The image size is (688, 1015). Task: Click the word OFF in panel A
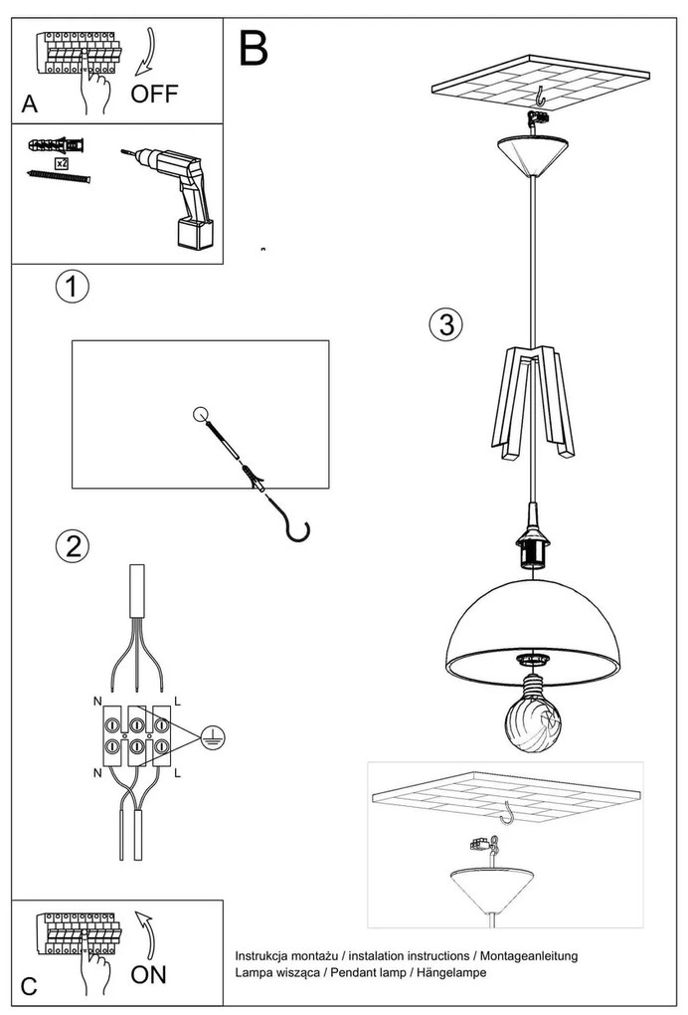pos(154,94)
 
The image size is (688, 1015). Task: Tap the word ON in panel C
pos(148,974)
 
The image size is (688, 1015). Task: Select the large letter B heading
pos(254,47)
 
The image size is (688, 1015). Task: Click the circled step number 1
pos(72,287)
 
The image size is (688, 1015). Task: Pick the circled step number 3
pos(446,323)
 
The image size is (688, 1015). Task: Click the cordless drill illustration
pos(171,195)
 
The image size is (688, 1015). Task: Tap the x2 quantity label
pos(62,163)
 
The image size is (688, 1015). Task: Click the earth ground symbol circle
pos(214,737)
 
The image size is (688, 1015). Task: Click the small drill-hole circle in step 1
pos(201,414)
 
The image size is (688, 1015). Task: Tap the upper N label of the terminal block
pos(97,702)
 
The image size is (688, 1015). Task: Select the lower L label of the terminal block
pos(178,773)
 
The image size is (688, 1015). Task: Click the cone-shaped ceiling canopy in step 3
pos(534,155)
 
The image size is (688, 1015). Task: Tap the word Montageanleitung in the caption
pos(529,955)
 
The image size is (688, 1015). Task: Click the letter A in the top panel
pos(30,104)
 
